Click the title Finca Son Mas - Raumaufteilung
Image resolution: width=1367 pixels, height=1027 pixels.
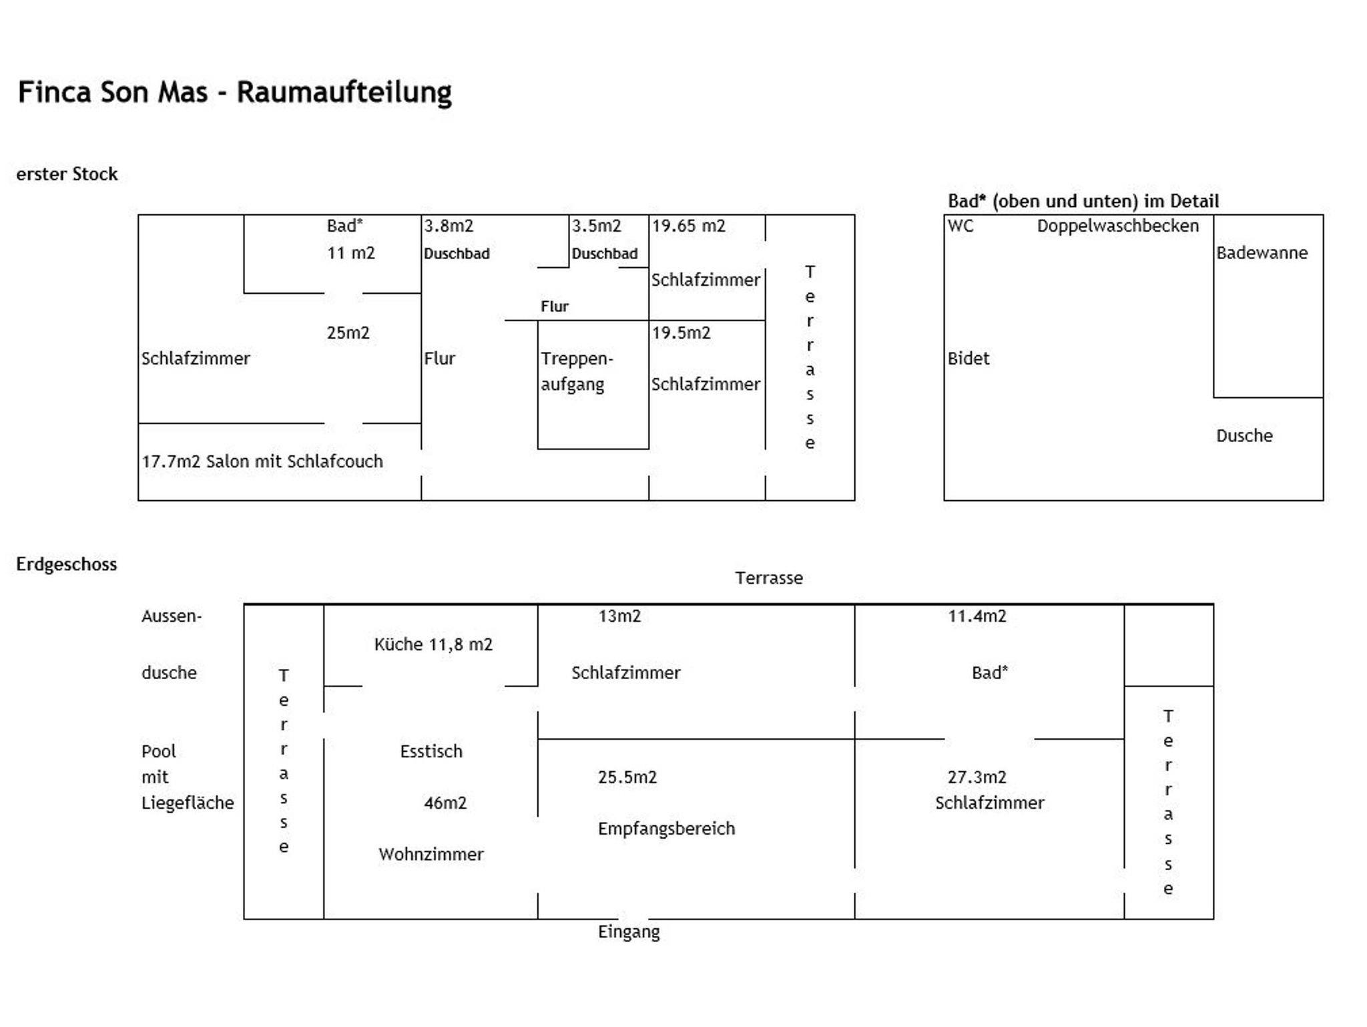[x=234, y=92]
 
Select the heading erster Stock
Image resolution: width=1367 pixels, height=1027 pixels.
[x=67, y=174]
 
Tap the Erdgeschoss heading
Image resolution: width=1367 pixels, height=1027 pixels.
[x=67, y=564]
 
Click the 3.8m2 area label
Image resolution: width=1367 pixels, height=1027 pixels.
[x=449, y=226]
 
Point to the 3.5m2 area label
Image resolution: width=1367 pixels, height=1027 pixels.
[x=596, y=226]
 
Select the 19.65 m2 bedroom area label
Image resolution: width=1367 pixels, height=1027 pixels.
[x=688, y=226]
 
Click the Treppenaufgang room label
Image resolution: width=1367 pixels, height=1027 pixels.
[x=576, y=371]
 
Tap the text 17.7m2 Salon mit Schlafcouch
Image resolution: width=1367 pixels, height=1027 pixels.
[x=262, y=461]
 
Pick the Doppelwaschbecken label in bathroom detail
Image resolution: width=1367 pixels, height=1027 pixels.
[x=1117, y=226]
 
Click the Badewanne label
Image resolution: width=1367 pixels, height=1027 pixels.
[x=1262, y=253]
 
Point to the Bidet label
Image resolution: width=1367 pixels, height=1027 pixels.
[x=968, y=359]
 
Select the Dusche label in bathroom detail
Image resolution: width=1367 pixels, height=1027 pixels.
[x=1244, y=436]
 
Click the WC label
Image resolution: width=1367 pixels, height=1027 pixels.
[x=961, y=226]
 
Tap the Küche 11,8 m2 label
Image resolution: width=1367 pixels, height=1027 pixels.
[x=433, y=644]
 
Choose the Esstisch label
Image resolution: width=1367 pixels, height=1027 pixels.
[x=431, y=751]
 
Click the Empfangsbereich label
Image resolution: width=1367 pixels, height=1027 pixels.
[x=666, y=829]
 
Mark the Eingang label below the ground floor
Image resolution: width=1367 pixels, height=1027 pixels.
[x=629, y=932]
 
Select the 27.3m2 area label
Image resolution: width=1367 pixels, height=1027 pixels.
[x=977, y=777]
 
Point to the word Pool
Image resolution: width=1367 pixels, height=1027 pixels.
[x=159, y=751]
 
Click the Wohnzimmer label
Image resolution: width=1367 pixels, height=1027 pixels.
[x=431, y=854]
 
